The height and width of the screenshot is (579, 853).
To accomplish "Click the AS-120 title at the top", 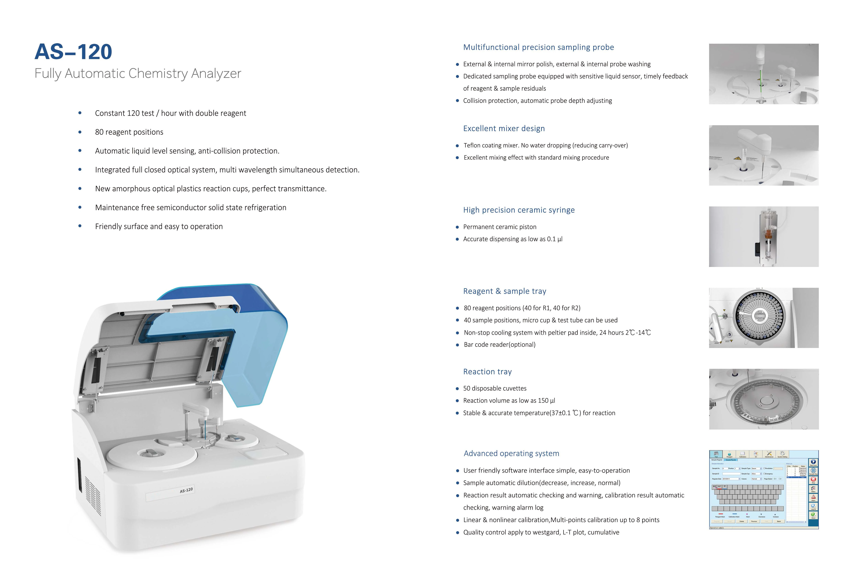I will click(x=73, y=52).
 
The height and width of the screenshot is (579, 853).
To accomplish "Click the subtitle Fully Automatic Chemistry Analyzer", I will click(x=138, y=73).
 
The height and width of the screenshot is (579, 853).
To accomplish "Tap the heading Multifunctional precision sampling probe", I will click(x=538, y=47).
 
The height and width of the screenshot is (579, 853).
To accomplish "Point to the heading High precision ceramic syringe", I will click(x=519, y=210).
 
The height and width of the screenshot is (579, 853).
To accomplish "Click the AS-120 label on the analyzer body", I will click(x=186, y=490).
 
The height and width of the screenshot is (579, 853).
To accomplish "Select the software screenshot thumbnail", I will click(x=763, y=489).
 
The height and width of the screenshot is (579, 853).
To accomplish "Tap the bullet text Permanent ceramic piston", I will click(x=499, y=227).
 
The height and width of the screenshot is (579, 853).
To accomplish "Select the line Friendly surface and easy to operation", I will click(x=159, y=227).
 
